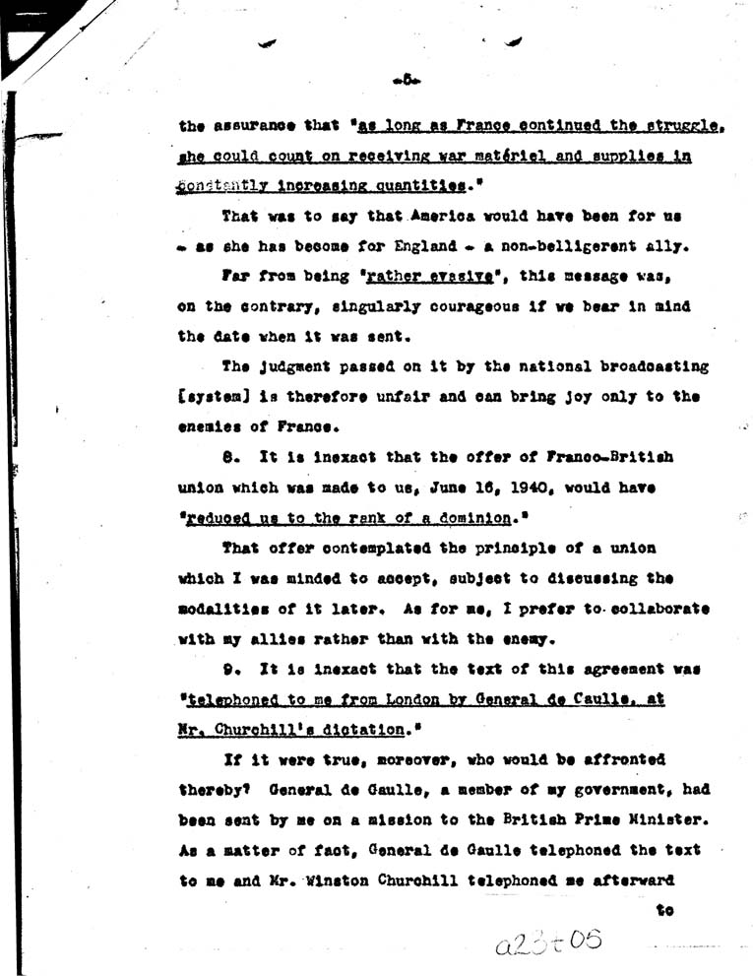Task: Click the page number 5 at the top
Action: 406,81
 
